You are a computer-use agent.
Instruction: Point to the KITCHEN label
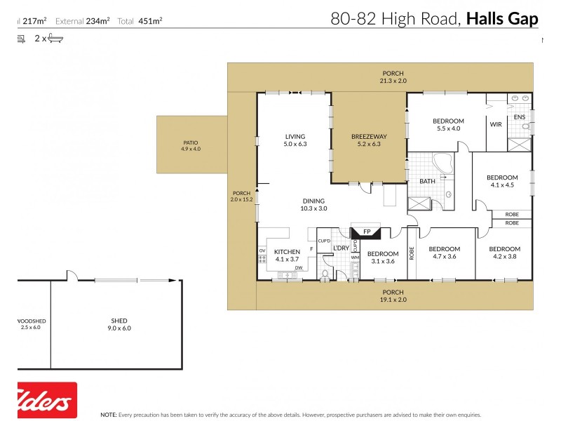click(x=287, y=252)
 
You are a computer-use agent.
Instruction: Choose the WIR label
click(x=496, y=125)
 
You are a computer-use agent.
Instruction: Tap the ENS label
click(x=520, y=117)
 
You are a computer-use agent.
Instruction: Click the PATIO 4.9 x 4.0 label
click(x=191, y=145)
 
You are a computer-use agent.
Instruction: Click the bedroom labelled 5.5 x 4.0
click(x=449, y=125)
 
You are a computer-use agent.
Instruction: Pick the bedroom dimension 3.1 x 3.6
click(x=382, y=261)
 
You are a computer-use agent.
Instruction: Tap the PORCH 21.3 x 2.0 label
click(x=393, y=77)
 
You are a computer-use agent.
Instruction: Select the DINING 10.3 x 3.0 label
click(x=313, y=204)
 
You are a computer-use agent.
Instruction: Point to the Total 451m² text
click(x=143, y=21)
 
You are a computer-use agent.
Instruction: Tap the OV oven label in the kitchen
click(x=262, y=250)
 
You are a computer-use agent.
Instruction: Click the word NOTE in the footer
click(x=109, y=415)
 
